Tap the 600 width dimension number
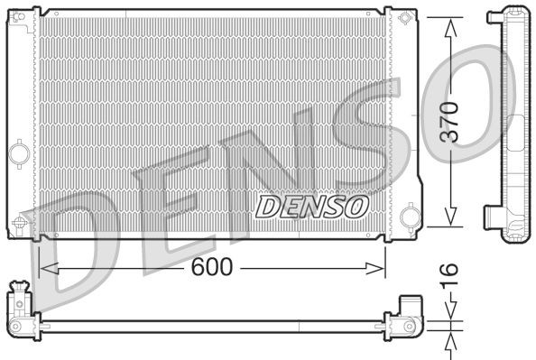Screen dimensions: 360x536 point(212,266)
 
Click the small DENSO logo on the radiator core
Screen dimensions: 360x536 point(312,205)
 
